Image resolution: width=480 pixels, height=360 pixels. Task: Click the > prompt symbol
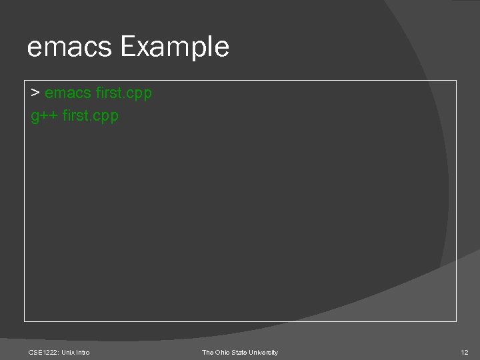[35, 93]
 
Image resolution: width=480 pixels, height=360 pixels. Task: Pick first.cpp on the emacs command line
[124, 93]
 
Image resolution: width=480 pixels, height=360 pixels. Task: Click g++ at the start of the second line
[44, 116]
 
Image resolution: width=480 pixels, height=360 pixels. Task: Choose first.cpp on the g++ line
[90, 116]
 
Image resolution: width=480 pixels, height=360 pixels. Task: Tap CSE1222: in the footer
[44, 352]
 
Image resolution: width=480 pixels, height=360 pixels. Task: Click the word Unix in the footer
[69, 352]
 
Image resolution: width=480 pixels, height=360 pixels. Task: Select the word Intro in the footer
[83, 352]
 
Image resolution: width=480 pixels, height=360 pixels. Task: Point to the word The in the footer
[208, 352]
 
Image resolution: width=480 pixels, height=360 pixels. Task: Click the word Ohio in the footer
[224, 352]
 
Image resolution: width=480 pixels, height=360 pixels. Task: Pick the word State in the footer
[243, 352]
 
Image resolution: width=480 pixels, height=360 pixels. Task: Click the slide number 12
[465, 352]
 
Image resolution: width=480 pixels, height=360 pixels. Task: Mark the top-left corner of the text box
[25, 81]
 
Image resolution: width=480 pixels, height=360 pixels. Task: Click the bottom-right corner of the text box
[457, 321]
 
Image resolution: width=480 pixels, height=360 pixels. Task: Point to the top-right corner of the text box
[457, 81]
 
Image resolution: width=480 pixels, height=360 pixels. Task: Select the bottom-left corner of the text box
[25, 321]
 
